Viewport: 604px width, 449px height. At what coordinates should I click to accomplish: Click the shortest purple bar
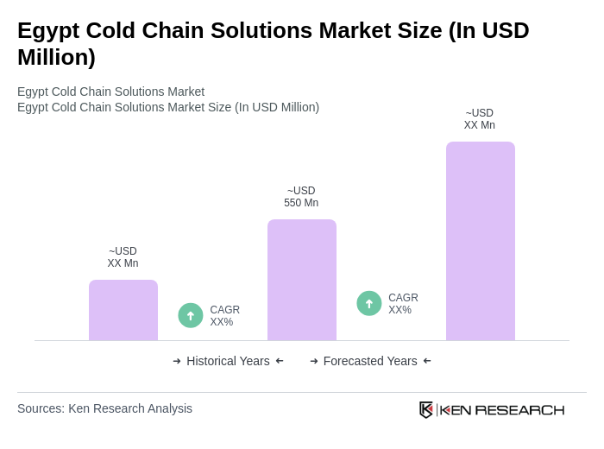tap(123, 310)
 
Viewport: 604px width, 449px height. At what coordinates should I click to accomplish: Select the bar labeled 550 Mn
tap(302, 280)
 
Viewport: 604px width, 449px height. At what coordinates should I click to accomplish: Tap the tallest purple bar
tap(481, 241)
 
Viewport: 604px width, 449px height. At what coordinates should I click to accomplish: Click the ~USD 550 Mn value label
tap(301, 197)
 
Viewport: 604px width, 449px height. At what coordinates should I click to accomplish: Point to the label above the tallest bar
tap(480, 119)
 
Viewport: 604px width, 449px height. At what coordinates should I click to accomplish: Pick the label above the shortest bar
tap(123, 257)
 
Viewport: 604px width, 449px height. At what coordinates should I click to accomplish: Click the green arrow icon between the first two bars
tap(191, 316)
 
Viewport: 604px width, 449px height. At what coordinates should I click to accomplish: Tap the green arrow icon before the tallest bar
tap(369, 304)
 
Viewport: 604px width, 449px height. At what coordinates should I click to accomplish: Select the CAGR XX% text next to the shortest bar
tap(224, 316)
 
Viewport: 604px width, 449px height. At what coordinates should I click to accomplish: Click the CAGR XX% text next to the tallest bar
tap(403, 304)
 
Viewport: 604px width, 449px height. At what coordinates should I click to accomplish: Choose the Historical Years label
tap(228, 361)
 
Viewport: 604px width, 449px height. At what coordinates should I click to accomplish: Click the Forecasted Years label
tap(370, 361)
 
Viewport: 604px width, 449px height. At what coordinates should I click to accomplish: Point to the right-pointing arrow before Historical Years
tap(177, 361)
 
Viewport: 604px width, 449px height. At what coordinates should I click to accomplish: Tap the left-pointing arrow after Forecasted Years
tap(427, 361)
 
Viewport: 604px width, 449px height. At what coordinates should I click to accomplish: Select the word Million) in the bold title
tap(56, 57)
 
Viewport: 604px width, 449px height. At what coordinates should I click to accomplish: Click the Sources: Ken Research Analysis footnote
tap(104, 408)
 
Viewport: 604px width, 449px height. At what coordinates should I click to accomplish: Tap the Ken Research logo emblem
tap(426, 409)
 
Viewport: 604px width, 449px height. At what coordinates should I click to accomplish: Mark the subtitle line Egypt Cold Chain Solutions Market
tap(110, 92)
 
